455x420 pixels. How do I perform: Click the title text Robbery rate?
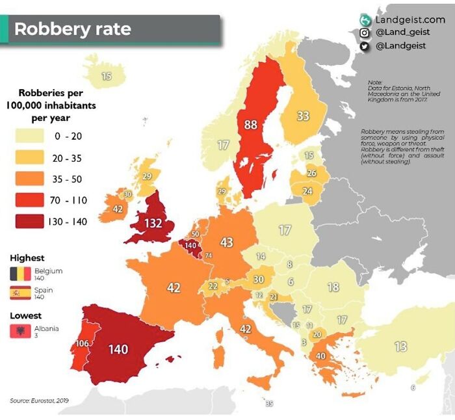(72, 29)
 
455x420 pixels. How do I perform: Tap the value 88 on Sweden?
(251, 124)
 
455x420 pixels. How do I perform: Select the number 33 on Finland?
(303, 116)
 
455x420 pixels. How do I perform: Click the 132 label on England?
(153, 224)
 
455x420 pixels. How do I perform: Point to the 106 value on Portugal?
(82, 343)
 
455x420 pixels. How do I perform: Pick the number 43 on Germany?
(226, 243)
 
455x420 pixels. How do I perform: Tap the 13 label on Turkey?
(400, 346)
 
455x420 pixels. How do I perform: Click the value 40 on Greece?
(320, 356)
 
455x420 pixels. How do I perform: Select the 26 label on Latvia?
(311, 173)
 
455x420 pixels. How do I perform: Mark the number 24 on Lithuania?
(307, 191)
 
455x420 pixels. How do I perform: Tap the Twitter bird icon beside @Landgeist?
(365, 46)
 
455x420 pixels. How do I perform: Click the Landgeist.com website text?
(410, 20)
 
